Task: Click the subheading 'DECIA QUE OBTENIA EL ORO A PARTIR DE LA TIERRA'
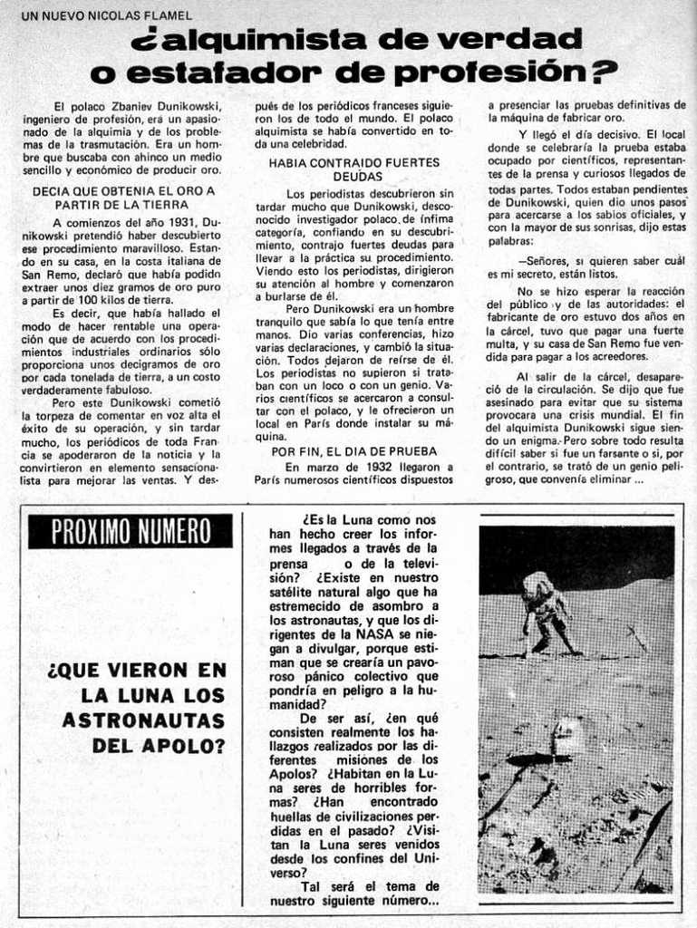tap(122, 198)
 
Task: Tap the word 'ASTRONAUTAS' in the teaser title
tap(142, 721)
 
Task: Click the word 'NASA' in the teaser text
tap(373, 634)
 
